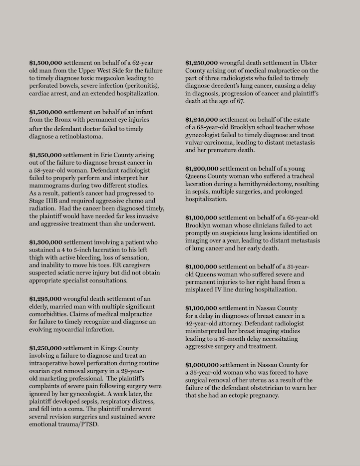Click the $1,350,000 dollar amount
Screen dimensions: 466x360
pyautogui.click(x=45, y=155)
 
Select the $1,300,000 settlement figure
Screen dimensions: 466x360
pyautogui.click(x=45, y=242)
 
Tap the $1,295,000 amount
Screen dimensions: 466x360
pyautogui.click(x=45, y=299)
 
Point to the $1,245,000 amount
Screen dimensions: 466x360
pyautogui.click(x=201, y=120)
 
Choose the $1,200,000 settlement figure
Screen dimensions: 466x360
pyautogui.click(x=201, y=169)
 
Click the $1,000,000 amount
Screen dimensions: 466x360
pyautogui.click(x=201, y=365)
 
